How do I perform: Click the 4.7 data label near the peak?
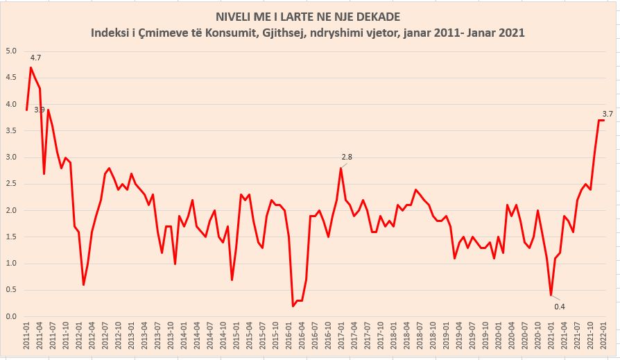coord(36,58)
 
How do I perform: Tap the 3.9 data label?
coord(40,110)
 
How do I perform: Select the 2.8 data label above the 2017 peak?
coord(347,157)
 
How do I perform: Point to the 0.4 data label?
coord(559,307)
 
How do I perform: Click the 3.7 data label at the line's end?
coord(607,113)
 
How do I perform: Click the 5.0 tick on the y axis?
coord(12,51)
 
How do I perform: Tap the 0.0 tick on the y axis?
coord(12,317)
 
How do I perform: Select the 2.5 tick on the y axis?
coord(12,184)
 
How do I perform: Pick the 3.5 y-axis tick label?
coord(12,130)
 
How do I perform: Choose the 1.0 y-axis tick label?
coord(12,264)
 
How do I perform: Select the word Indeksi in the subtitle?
coord(112,32)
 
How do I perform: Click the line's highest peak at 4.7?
coord(31,67)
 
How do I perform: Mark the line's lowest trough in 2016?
coord(293,306)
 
